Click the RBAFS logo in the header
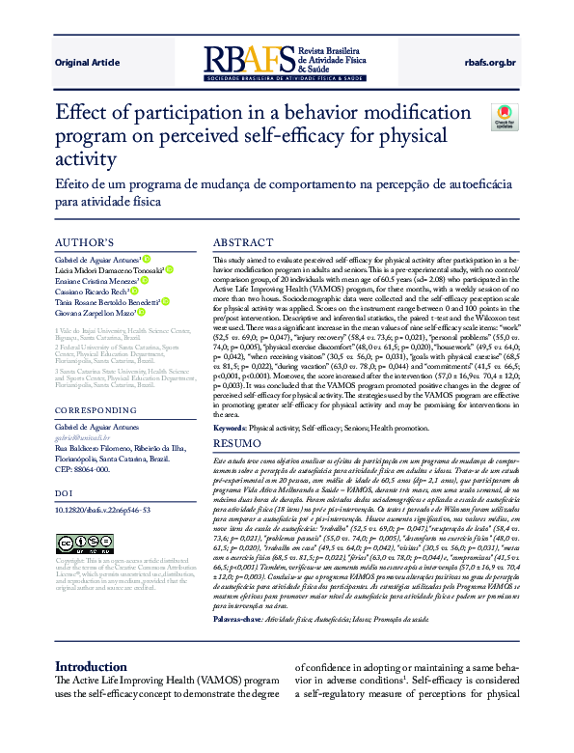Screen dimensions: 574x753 coord(285,62)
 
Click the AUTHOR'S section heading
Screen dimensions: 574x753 coord(85,242)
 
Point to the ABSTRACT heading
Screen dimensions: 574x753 coord(242,242)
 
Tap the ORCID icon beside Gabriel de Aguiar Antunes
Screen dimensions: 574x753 coord(146,259)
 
